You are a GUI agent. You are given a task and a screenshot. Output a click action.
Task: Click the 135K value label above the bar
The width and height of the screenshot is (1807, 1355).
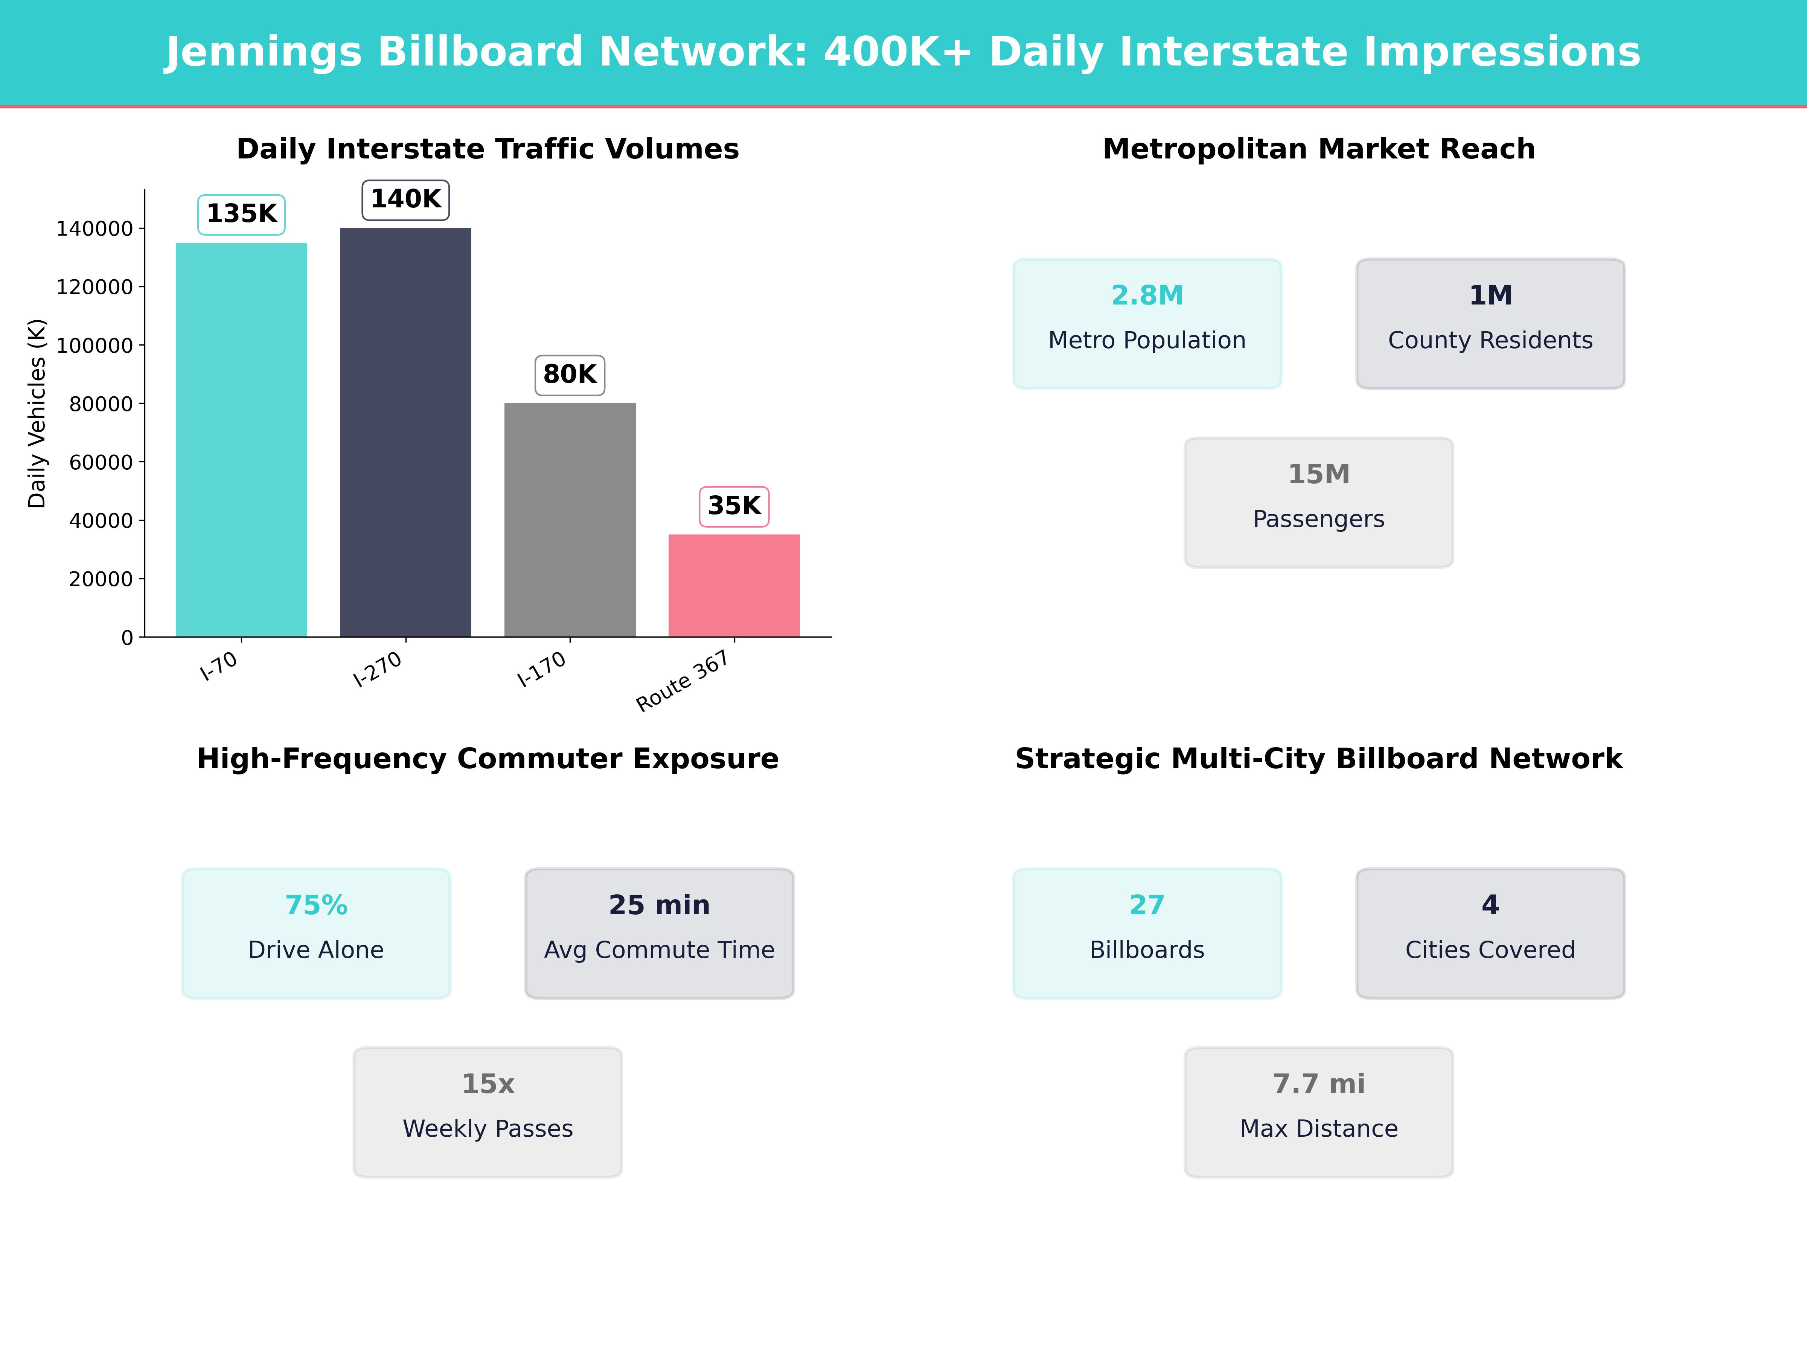pos(241,214)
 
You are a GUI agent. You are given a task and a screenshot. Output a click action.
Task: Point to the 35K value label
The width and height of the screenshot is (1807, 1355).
pos(734,506)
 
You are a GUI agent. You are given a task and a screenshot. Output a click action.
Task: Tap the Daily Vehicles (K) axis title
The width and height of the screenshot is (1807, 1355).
pos(37,413)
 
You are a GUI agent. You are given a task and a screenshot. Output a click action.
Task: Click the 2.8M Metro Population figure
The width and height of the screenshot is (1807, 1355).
pos(1147,296)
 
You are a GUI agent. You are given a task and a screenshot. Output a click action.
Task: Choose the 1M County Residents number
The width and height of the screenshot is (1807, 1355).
pos(1490,296)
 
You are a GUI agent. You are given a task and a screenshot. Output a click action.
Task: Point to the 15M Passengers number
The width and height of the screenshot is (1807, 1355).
pos(1318,475)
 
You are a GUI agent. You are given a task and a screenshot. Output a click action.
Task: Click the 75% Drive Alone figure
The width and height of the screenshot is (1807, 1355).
pos(316,905)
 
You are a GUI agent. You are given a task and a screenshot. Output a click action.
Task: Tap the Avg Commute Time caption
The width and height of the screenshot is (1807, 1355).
pos(659,950)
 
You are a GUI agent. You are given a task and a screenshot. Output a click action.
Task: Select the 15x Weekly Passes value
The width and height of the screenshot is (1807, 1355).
pos(488,1084)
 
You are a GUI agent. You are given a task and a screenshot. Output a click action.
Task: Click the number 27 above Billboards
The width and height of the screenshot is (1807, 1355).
pos(1147,905)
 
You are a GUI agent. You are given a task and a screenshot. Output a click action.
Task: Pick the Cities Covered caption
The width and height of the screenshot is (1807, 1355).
pos(1490,950)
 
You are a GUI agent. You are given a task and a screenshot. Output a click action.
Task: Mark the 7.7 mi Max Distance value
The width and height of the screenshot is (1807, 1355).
pos(1318,1084)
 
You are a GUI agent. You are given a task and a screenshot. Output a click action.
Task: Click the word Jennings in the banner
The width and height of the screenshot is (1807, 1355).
pos(263,52)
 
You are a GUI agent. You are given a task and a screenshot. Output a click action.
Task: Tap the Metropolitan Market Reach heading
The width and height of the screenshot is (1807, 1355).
pos(1318,149)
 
